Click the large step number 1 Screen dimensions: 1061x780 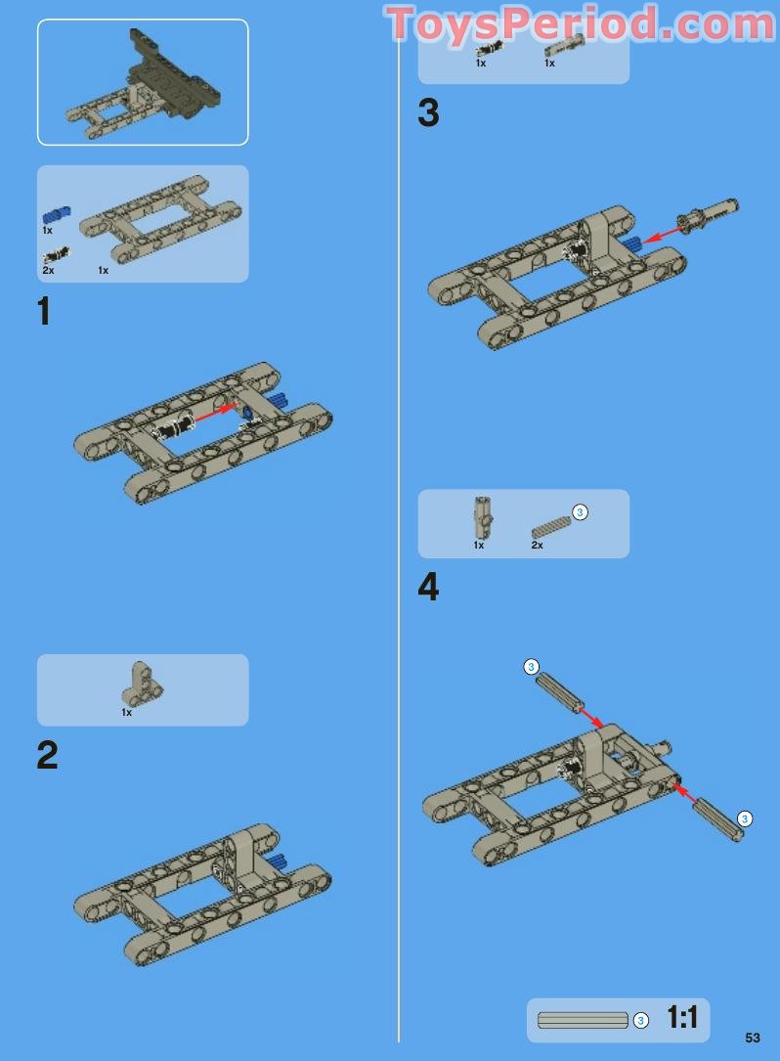[x=43, y=312]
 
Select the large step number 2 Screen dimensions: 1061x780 [x=47, y=755]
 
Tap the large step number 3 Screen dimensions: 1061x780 [x=428, y=113]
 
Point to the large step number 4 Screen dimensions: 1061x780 [x=428, y=588]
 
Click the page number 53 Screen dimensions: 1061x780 [x=752, y=1038]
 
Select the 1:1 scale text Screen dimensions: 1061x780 [x=682, y=1018]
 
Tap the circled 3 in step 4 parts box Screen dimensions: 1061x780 [x=580, y=511]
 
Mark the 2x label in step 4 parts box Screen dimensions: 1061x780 [x=537, y=546]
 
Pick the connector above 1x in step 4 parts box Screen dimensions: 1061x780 [x=481, y=514]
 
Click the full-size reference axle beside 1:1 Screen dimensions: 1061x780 [x=583, y=1020]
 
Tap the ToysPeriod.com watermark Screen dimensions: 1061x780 [x=581, y=24]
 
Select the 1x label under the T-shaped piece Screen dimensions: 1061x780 [x=126, y=713]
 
